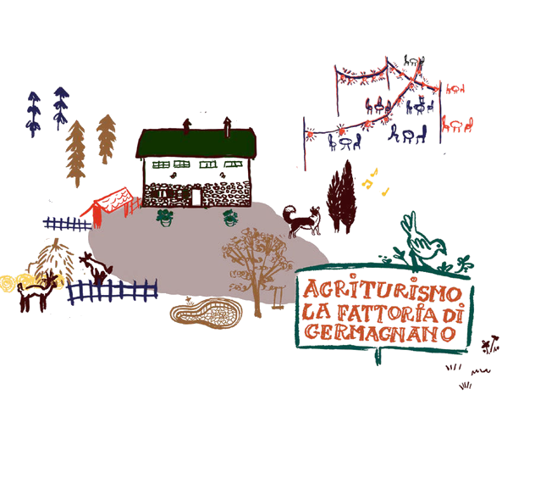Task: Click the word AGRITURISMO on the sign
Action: click(383, 290)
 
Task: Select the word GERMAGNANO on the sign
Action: click(379, 333)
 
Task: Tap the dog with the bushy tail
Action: click(301, 220)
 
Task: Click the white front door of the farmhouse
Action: click(196, 197)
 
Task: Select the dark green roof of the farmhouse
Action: click(196, 143)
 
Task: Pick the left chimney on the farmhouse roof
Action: click(186, 125)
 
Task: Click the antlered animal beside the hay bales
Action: click(37, 292)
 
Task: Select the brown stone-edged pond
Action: click(206, 313)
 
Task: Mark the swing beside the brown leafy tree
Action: click(278, 298)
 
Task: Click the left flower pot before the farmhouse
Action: click(165, 218)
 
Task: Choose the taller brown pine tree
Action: click(75, 153)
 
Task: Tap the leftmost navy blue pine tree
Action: click(34, 114)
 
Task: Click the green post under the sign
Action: click(378, 356)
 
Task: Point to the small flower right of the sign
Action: click(490, 345)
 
